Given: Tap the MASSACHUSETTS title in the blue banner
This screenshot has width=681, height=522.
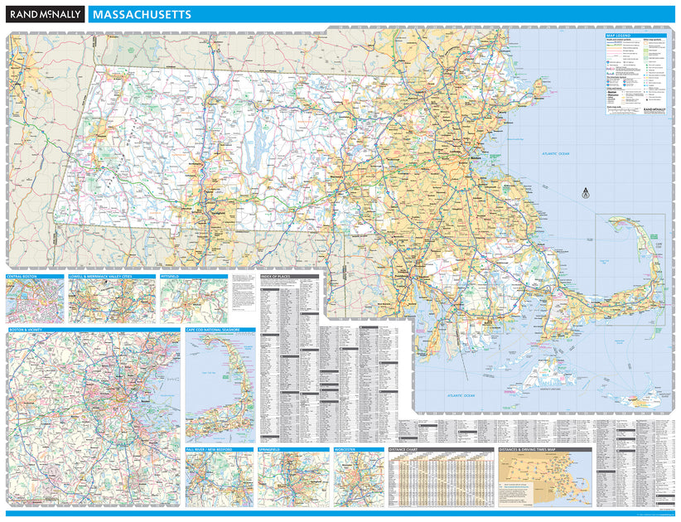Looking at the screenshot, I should point(142,15).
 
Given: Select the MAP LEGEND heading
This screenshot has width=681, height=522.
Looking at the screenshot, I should point(619,36).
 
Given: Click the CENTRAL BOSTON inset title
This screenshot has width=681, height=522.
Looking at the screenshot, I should point(22,276).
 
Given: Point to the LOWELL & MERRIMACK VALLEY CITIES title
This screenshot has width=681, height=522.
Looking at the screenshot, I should point(101,276).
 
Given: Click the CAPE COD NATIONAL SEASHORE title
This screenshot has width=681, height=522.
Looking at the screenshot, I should point(213,330).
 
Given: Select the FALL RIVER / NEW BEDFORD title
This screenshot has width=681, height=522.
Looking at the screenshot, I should point(210,450).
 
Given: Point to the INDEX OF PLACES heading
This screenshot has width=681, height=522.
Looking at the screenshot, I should point(278,276).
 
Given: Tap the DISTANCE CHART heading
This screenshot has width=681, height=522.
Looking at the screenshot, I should point(405,450).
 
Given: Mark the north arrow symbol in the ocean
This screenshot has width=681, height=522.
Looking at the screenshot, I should point(585,191).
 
